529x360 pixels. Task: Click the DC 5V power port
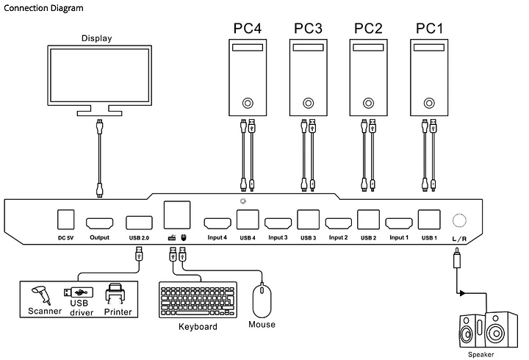[x=66, y=220]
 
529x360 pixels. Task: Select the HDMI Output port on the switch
[x=99, y=223]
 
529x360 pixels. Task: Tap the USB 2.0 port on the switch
[x=139, y=223]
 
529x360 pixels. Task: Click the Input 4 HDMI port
[x=217, y=223]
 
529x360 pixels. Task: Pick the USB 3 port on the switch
[x=309, y=220]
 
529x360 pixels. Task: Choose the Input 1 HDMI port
[x=399, y=223]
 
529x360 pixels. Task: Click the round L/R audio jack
[x=459, y=220]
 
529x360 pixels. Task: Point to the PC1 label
[x=429, y=29]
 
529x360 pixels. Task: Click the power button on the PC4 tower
[x=248, y=103]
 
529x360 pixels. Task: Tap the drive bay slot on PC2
[x=368, y=48]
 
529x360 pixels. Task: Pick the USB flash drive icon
[x=79, y=292]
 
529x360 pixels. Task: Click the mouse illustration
[x=262, y=301]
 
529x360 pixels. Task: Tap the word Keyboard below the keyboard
[x=198, y=327]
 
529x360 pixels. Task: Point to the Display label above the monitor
[x=97, y=38]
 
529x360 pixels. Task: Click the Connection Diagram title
[x=43, y=8]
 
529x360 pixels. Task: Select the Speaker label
[x=481, y=354]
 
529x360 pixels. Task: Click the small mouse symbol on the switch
[x=183, y=237]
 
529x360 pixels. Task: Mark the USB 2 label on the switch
[x=368, y=238]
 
